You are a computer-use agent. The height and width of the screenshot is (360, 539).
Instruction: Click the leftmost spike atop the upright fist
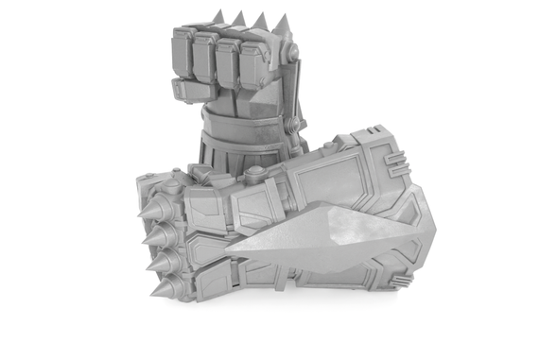[x=217, y=17]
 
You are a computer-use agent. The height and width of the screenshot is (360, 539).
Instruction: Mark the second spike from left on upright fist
[x=236, y=19]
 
